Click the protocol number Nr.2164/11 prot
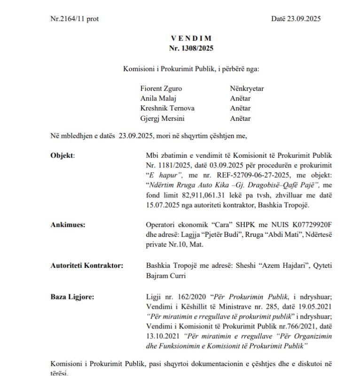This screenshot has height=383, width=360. (x=74, y=19)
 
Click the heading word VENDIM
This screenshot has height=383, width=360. (x=191, y=39)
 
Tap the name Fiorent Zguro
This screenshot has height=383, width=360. (x=161, y=88)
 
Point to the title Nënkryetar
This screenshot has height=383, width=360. (x=247, y=88)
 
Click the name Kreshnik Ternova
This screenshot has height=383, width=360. (x=167, y=108)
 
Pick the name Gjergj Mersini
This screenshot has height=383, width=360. (x=163, y=118)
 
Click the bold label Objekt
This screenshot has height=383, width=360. (x=62, y=156)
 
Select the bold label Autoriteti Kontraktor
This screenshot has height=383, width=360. (x=87, y=266)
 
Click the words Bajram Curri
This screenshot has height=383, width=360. (x=165, y=276)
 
